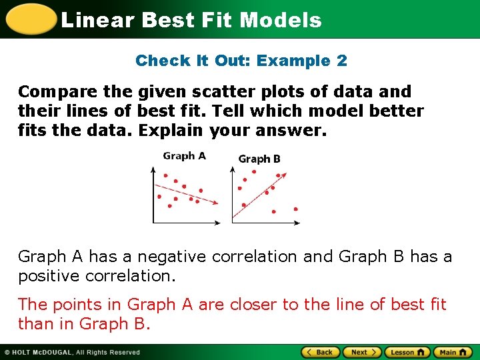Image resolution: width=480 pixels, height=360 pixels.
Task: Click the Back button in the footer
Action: [x=321, y=352]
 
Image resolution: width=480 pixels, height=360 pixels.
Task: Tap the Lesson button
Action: [x=407, y=352]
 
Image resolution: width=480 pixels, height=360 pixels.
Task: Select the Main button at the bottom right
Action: [x=452, y=352]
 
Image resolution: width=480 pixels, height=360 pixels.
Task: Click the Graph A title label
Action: [x=184, y=156]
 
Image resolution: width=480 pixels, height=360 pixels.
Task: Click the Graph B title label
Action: [x=259, y=159]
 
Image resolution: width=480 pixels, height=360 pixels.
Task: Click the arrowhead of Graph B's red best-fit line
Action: [x=285, y=175]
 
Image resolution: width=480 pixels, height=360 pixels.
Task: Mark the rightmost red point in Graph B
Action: [x=295, y=209]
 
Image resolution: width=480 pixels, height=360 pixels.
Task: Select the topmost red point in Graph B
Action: [x=254, y=171]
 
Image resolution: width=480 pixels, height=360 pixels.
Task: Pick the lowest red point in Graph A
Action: [x=169, y=206]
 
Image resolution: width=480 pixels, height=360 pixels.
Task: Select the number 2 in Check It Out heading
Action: [x=342, y=61]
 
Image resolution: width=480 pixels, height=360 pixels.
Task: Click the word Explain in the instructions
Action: [x=169, y=130]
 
